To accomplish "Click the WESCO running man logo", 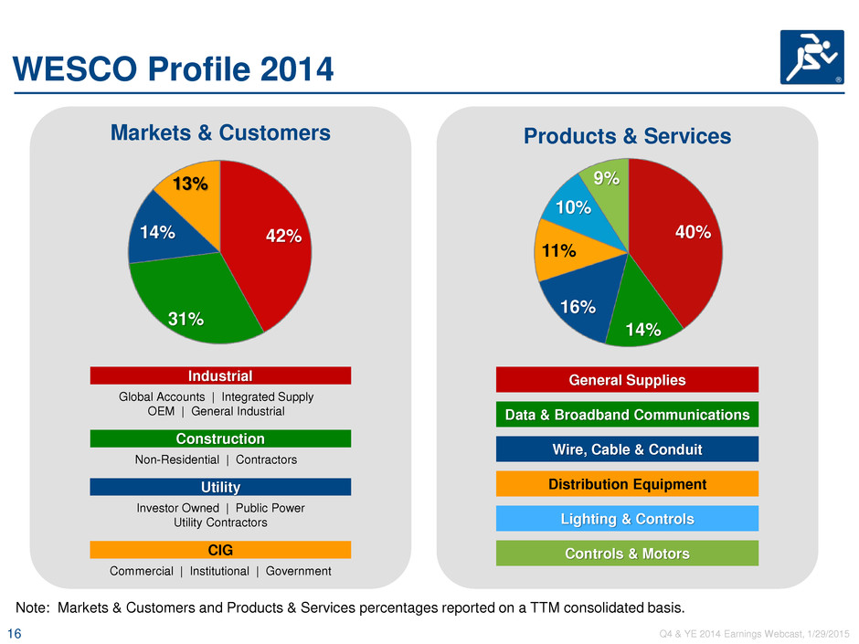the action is [x=811, y=57].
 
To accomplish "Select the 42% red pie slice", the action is [x=269, y=241].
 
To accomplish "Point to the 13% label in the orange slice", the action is [x=190, y=184].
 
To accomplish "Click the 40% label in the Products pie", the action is [x=693, y=232].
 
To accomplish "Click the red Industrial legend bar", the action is [x=220, y=375].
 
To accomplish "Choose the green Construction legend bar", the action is [x=220, y=438].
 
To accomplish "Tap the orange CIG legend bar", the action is [x=220, y=550].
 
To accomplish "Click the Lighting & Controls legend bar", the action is [x=627, y=519].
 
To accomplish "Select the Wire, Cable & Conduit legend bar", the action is [x=627, y=449].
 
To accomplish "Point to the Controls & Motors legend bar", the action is [x=627, y=553].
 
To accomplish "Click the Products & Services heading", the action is [x=627, y=136].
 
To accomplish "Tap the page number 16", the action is [x=15, y=634].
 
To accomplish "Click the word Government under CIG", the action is [x=299, y=571].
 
